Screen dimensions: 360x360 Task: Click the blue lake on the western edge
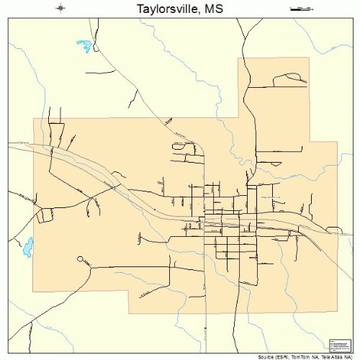click(28, 247)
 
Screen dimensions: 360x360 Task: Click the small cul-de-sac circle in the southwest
click(80, 258)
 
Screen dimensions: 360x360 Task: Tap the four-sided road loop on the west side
click(48, 214)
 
